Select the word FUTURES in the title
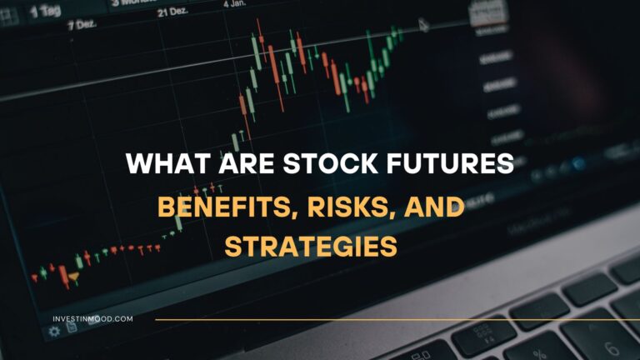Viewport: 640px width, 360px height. (462, 163)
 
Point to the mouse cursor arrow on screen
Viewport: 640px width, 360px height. (423, 24)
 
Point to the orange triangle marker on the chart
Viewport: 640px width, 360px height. (74, 277)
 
